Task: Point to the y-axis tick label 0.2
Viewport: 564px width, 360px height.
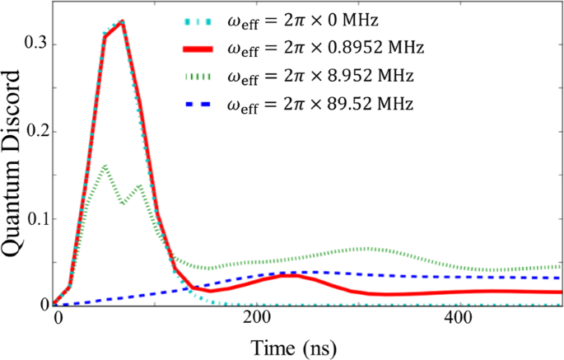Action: (35, 131)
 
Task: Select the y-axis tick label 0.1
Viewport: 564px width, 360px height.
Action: (35, 218)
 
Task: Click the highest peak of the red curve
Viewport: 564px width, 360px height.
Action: (122, 22)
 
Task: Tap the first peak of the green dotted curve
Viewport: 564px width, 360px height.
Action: (105, 166)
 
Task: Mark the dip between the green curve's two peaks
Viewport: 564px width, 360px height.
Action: (122, 202)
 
